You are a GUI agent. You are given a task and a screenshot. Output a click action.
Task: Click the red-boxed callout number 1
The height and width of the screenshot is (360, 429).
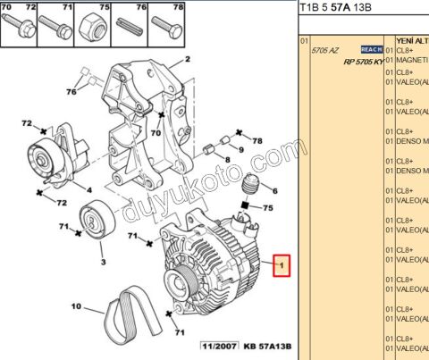pyautogui.click(x=282, y=265)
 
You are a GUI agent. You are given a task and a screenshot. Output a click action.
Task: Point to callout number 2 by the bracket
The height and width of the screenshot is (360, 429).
pyautogui.click(x=188, y=61)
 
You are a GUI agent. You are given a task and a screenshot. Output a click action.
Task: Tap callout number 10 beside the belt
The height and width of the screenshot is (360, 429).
pyautogui.click(x=77, y=307)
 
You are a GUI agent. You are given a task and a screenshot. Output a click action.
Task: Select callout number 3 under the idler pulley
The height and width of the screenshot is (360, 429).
pyautogui.click(x=88, y=189)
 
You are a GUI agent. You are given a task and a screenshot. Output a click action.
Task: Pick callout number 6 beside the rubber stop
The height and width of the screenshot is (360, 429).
pyautogui.click(x=274, y=190)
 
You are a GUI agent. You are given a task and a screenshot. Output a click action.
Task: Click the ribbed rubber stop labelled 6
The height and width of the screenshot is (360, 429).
pyautogui.click(x=252, y=187)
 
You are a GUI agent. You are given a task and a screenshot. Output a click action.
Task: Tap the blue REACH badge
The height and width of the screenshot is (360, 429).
pyautogui.click(x=371, y=49)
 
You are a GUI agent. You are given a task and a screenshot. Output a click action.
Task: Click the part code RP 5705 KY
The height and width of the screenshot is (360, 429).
pyautogui.click(x=357, y=61)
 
